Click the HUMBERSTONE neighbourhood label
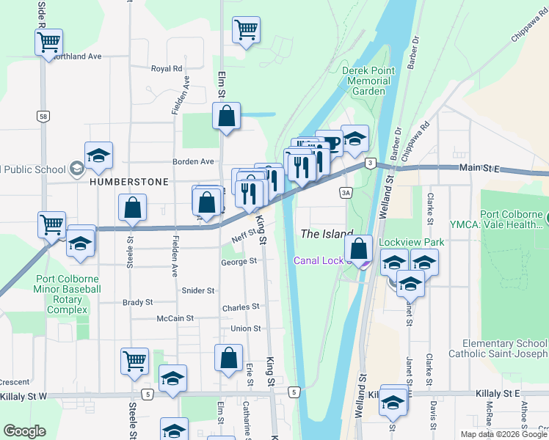tap(129, 181)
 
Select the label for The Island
tap(327, 234)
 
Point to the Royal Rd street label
tap(166, 69)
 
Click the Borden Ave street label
tap(193, 161)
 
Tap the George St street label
tap(239, 261)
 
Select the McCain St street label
tap(175, 318)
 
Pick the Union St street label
tap(245, 328)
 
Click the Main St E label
tap(479, 168)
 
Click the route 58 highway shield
tap(44, 117)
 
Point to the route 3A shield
tap(346, 193)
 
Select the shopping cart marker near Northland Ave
tap(49, 43)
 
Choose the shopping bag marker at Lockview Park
tap(357, 248)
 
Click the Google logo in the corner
tap(24, 431)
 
